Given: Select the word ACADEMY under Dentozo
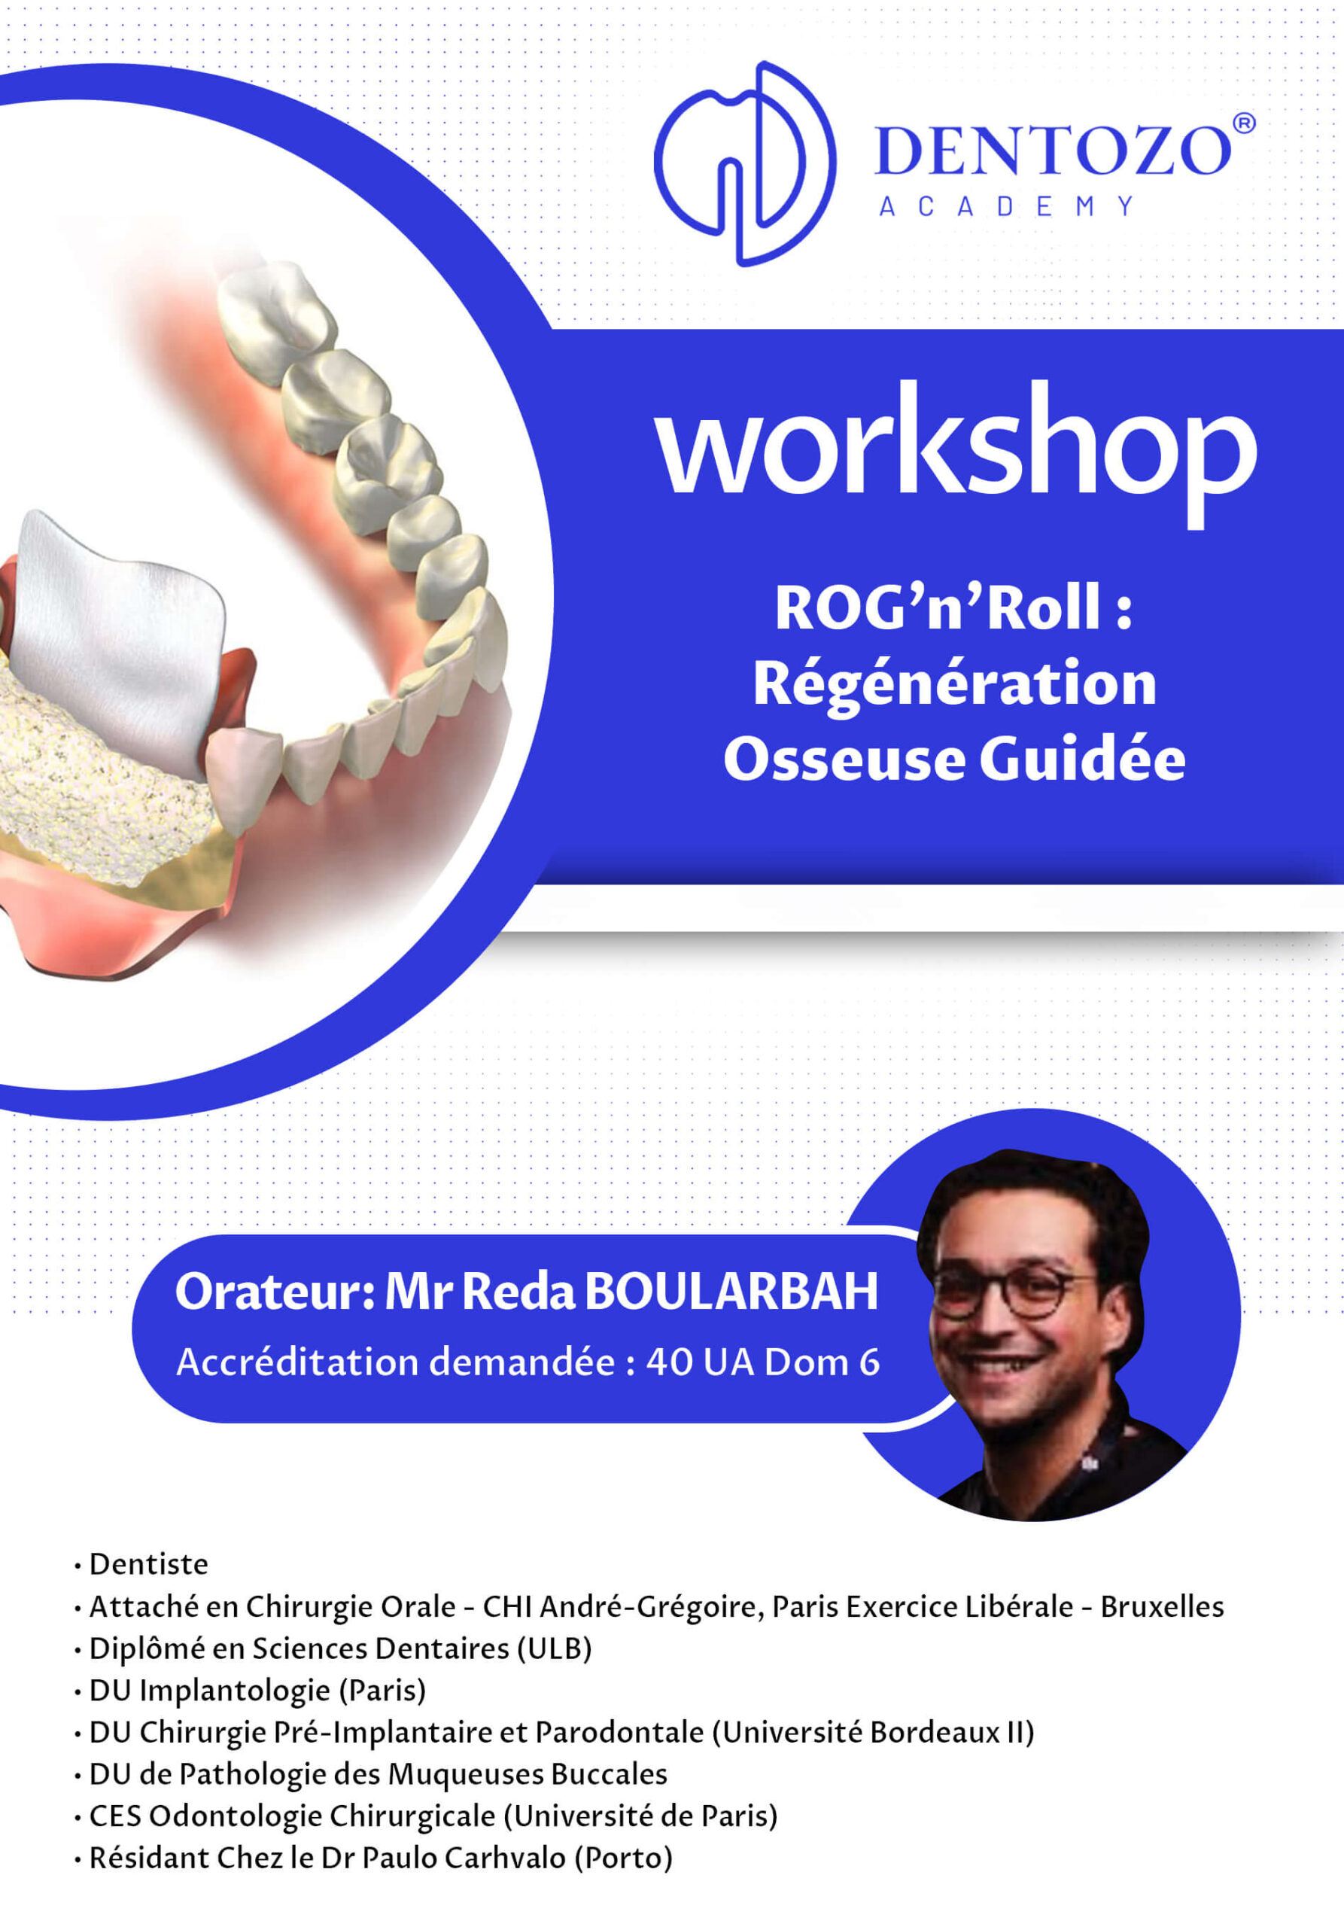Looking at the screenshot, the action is [1007, 206].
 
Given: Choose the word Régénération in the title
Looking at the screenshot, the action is [955, 685].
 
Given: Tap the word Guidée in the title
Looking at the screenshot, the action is [1082, 760].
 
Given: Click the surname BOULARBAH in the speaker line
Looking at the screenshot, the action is [731, 1292].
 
